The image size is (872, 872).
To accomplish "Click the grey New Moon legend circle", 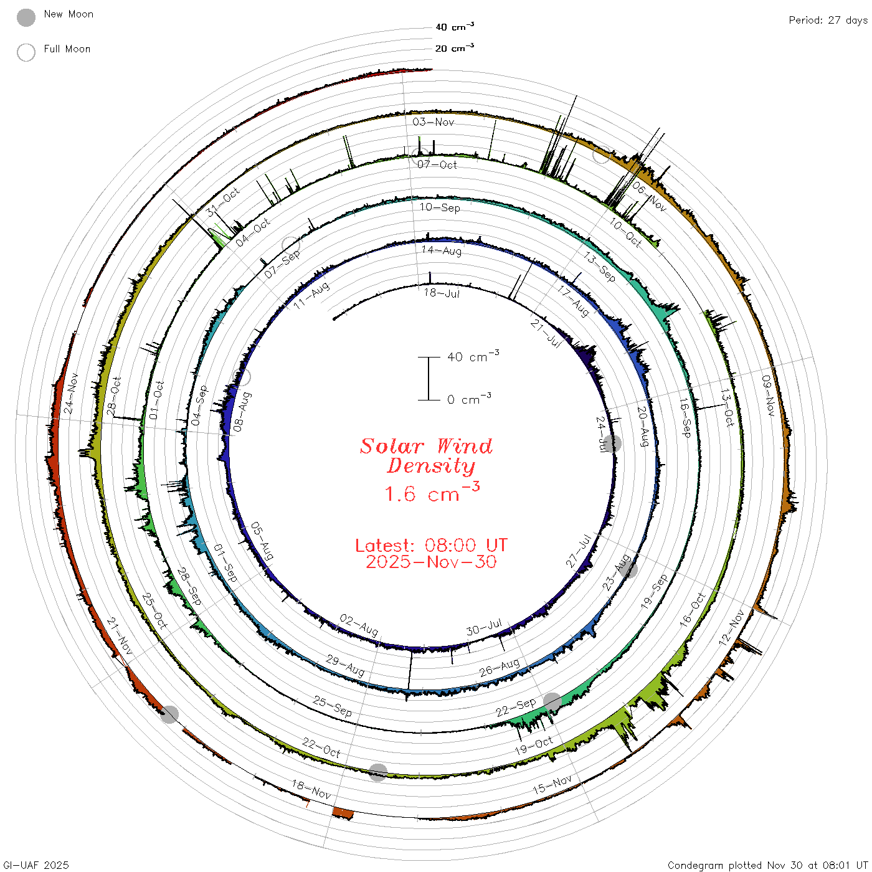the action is [26, 17].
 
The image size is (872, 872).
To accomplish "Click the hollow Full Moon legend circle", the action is [26, 52].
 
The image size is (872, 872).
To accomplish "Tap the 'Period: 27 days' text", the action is [828, 21].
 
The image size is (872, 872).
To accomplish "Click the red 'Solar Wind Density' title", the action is [426, 456].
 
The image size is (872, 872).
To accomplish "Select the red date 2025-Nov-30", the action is [431, 562].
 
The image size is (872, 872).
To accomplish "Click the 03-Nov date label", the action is [433, 121].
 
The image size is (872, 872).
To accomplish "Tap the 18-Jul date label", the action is [442, 293].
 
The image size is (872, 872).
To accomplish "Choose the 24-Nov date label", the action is [70, 393].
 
